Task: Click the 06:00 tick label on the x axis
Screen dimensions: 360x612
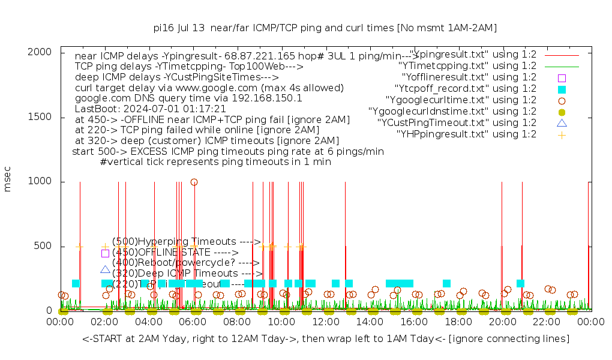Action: (x=193, y=322)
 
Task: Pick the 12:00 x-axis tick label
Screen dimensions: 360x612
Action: (x=326, y=322)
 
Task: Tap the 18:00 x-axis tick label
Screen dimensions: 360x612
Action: (x=459, y=322)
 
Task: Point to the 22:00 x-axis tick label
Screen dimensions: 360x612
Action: (x=547, y=322)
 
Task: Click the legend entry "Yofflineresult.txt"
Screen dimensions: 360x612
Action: (x=469, y=77)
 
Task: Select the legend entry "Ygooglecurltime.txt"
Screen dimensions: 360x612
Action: (x=461, y=100)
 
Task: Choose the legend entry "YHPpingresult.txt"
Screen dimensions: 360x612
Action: (x=466, y=134)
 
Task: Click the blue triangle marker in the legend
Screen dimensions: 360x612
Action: (x=562, y=123)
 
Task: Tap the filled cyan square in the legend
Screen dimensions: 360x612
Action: (x=562, y=89)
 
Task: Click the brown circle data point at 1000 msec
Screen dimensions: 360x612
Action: (x=194, y=182)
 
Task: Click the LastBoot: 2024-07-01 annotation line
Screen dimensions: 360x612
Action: (x=150, y=109)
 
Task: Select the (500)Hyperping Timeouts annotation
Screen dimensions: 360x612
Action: (x=186, y=242)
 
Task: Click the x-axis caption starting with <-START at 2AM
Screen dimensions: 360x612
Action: (x=326, y=340)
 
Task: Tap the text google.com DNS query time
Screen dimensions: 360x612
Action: (x=188, y=98)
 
